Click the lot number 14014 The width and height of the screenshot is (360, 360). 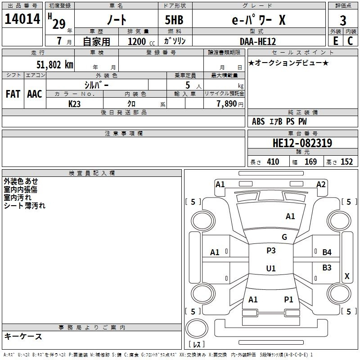coord(23,19)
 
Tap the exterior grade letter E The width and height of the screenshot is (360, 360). coord(335,41)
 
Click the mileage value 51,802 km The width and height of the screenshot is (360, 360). coord(51,65)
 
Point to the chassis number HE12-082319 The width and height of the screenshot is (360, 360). coord(302,144)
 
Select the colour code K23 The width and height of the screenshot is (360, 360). coord(75,103)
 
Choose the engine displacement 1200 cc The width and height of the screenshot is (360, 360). coord(137,41)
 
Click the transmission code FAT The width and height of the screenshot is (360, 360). coord(13,94)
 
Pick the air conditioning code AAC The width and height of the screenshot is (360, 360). coord(34,94)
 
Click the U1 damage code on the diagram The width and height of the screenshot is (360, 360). coord(271,269)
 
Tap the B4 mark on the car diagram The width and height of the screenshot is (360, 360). coord(327,252)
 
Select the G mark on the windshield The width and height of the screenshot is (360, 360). coord(284,237)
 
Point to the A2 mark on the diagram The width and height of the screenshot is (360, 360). coord(321,184)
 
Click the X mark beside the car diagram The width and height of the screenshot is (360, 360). coord(346,276)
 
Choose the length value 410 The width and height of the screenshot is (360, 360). coord(273,162)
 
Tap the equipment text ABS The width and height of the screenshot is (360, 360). coord(258,121)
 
